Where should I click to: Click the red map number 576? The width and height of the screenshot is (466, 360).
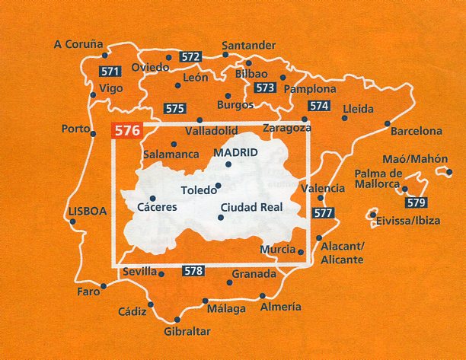(126, 130)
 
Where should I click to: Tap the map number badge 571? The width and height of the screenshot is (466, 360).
(110, 72)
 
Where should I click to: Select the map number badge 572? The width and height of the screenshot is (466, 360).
(191, 57)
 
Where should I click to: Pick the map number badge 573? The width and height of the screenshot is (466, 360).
(264, 88)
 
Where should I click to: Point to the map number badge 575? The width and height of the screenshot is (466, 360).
(174, 107)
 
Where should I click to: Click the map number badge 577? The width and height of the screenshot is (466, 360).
(323, 213)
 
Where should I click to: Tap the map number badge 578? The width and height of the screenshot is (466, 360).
(193, 270)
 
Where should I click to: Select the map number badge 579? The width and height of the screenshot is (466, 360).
(415, 202)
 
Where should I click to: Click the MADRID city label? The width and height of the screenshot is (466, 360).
(236, 152)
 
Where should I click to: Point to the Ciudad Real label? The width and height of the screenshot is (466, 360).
(251, 206)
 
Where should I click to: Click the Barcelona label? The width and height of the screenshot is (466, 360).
(416, 131)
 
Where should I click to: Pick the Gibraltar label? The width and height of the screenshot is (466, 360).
(186, 332)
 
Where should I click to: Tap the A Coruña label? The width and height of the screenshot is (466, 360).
(78, 44)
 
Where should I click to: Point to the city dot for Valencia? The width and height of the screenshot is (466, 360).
(320, 199)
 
